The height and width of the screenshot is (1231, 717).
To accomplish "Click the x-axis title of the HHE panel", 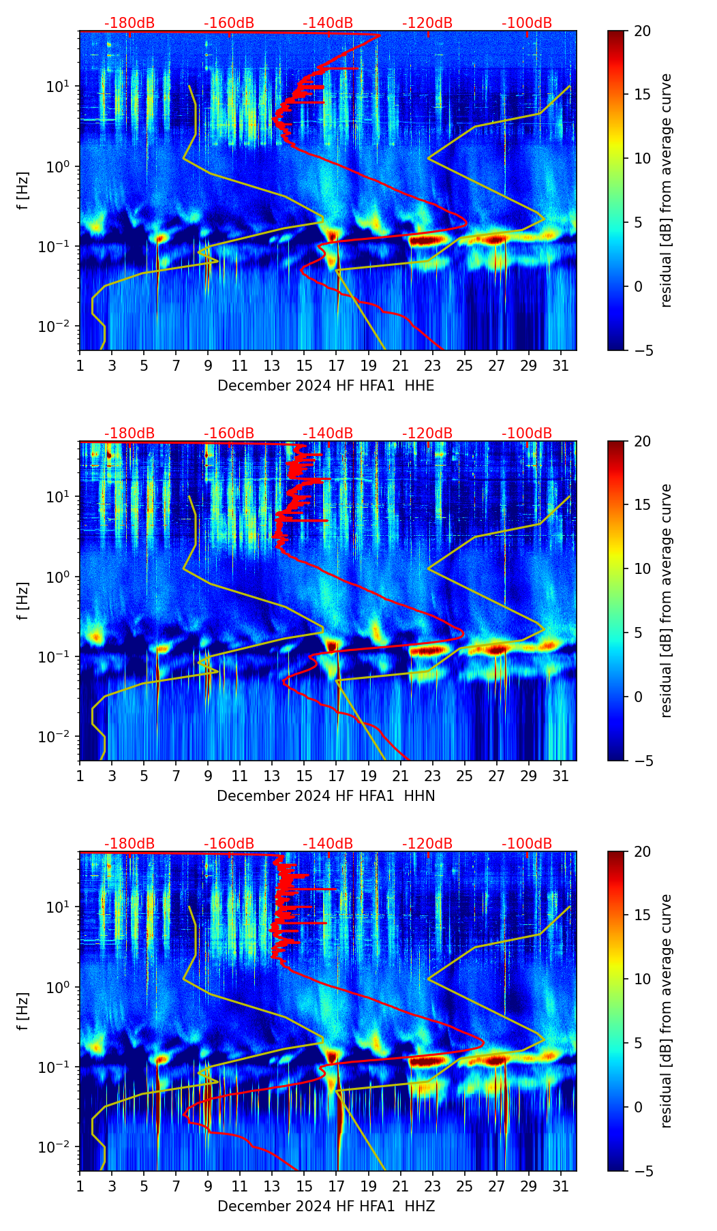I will (326, 386).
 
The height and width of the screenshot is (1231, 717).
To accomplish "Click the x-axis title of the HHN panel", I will (326, 796).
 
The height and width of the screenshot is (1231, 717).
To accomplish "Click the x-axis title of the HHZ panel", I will (326, 1206).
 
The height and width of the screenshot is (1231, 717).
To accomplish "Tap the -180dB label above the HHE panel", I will (129, 23).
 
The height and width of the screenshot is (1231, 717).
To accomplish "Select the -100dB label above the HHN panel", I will (527, 434).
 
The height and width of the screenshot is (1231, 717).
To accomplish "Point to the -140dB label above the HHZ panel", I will (328, 844).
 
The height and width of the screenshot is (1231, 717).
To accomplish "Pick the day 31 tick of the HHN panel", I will (561, 776).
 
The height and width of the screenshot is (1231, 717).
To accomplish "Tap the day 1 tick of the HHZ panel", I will (80, 1186).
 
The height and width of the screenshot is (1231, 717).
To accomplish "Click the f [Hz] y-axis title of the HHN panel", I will (23, 601).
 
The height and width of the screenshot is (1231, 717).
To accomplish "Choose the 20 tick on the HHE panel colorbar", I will (642, 31).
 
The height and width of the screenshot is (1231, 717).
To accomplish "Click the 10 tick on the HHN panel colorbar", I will (642, 568).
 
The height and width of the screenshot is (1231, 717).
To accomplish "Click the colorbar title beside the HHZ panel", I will (667, 1011).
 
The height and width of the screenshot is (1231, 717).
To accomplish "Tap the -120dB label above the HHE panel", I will (427, 23).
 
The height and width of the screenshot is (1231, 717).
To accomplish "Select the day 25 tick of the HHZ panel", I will (465, 1186).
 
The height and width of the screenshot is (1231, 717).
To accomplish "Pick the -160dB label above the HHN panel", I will (229, 434).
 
